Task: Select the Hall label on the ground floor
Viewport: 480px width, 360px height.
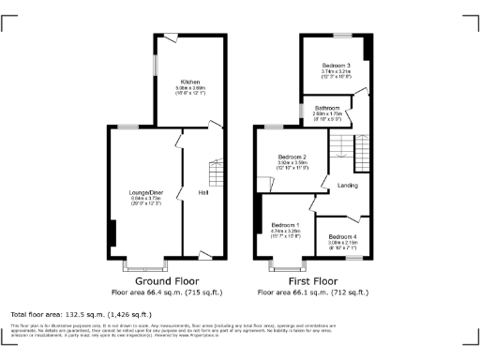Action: pos(202,192)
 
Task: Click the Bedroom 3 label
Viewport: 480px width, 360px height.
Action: pos(336,64)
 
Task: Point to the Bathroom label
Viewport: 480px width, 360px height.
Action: pos(327,108)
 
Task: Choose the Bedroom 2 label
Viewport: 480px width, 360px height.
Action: pos(292,157)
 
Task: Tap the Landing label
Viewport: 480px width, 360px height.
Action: pos(347,186)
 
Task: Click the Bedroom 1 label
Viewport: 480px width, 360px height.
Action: pos(285,225)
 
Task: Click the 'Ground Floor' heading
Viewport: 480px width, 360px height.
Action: pos(166,280)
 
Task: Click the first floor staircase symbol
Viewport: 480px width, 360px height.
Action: pos(346,145)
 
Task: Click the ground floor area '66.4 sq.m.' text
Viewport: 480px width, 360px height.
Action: pos(166,292)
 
